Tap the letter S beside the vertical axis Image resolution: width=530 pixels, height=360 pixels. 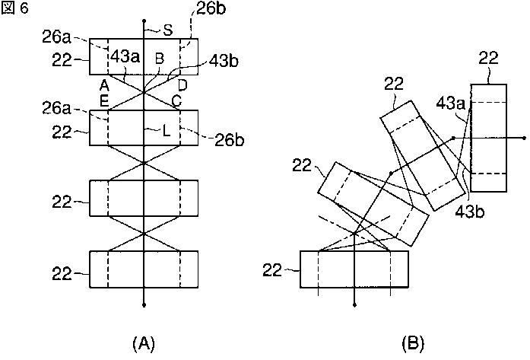point(168,30)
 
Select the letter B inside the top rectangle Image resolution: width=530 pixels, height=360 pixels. point(159,58)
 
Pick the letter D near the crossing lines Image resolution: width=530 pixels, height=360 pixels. point(182,84)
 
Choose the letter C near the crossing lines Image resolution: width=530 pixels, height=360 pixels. point(177,99)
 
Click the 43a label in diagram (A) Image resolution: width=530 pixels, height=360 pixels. point(125,57)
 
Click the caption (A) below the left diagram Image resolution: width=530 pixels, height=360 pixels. point(144,344)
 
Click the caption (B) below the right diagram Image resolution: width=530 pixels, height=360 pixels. point(414,344)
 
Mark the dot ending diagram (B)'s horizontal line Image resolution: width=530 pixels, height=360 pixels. point(524,138)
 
